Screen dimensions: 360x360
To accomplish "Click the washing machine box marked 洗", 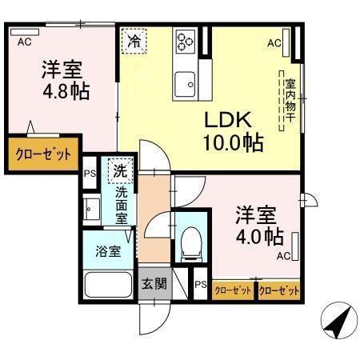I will coord(119,170).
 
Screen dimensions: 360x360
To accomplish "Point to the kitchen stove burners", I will coord(186,40).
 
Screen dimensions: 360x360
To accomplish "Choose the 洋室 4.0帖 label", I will coord(258,226).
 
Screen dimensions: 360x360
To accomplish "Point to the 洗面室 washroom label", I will coord(121,203).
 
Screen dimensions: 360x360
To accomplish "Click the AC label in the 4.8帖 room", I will coord(25,39).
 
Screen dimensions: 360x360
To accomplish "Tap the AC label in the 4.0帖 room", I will coord(283,257).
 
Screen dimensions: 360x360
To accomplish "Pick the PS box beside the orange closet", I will coord(90,170).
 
